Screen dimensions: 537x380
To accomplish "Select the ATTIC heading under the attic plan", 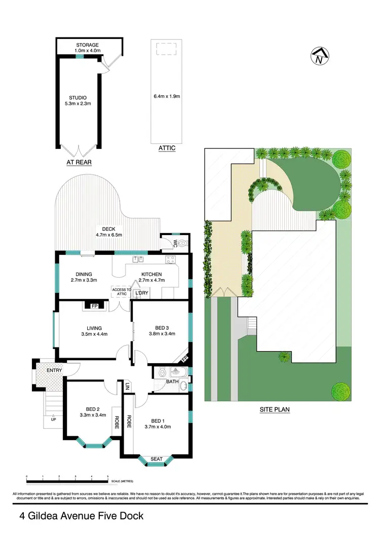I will pyautogui.click(x=167, y=148).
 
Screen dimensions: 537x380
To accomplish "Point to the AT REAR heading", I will pyautogui.click(x=79, y=162).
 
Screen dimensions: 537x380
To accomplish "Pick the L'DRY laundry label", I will pyautogui.click(x=141, y=293).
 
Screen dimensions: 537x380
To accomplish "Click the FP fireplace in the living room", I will pyautogui.click(x=94, y=306).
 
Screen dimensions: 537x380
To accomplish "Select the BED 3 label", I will pyautogui.click(x=161, y=331).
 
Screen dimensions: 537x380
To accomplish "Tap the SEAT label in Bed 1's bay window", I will pyautogui.click(x=157, y=459).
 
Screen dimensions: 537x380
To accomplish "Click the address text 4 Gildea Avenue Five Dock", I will pyautogui.click(x=82, y=516).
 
